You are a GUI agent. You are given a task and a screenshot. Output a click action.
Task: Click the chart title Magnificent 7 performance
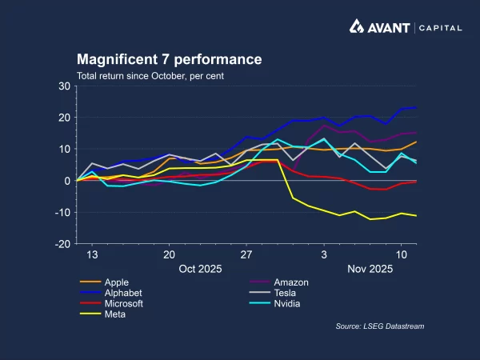point(169,60)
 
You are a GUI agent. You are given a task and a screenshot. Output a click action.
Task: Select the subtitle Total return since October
point(150,76)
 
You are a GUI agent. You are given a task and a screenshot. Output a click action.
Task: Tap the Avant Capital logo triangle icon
point(358,26)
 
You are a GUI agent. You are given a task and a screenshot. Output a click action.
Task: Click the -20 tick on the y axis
point(63,244)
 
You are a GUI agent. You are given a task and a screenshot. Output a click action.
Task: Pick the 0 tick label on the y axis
point(68,181)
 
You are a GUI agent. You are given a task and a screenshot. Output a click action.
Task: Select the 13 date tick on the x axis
point(92,254)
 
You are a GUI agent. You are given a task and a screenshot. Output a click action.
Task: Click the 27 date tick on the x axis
point(246,254)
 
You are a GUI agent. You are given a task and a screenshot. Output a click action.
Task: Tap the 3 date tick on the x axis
point(324,254)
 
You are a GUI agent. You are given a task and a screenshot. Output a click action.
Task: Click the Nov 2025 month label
point(370,269)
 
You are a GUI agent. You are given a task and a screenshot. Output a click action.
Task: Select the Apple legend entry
point(117,282)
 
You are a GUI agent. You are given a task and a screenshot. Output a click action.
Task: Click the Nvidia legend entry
point(286,304)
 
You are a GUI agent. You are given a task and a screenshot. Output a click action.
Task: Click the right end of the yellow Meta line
point(416,216)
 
